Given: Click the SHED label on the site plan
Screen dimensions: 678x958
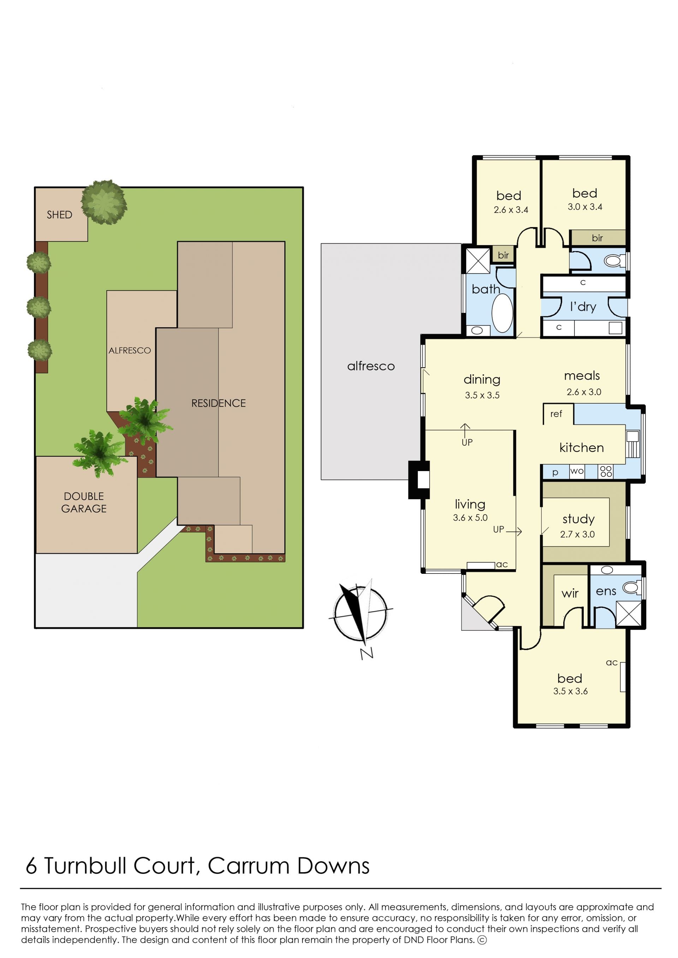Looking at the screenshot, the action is click(59, 215).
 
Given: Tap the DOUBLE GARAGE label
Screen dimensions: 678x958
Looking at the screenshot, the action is click(84, 502).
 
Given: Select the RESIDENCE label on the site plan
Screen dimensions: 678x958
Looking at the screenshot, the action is click(218, 403).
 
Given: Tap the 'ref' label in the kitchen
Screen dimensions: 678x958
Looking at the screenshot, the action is click(556, 413).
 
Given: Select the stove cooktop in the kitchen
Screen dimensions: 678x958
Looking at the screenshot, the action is click(606, 472).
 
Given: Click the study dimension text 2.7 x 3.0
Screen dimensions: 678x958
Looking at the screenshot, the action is click(577, 534).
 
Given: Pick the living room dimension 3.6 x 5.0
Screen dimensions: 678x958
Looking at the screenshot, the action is click(470, 518).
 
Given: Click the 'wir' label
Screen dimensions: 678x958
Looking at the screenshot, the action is click(570, 593).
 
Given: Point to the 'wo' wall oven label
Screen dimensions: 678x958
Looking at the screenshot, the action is click(577, 471).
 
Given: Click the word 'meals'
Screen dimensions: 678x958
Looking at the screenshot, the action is click(582, 376).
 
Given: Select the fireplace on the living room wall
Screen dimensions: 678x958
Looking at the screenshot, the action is click(419, 480).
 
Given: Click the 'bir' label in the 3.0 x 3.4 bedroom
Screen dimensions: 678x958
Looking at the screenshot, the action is click(597, 238).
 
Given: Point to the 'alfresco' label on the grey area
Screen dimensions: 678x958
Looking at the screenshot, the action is click(371, 366).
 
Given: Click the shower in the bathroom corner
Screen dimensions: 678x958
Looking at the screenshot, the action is click(478, 261).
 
